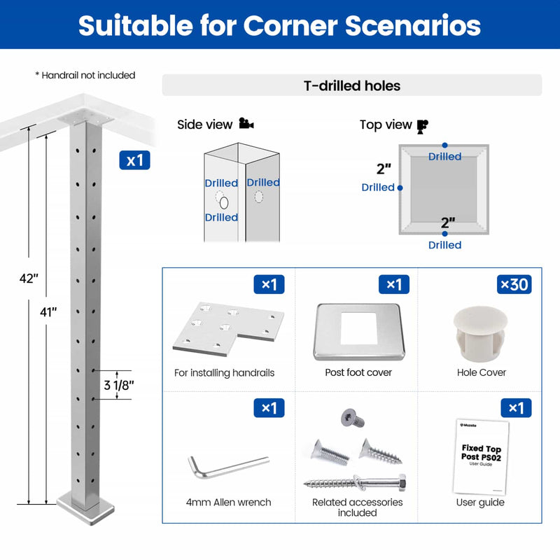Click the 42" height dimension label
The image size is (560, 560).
point(29,277)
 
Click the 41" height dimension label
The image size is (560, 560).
point(48,313)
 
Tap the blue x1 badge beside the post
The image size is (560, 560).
point(134,160)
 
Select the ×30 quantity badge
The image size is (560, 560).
point(514,284)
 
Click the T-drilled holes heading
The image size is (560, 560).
point(351,86)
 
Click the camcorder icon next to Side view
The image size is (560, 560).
point(246,125)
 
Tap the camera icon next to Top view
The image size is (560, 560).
point(422,126)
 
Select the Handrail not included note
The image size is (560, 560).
point(85,75)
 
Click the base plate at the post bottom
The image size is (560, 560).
point(86,502)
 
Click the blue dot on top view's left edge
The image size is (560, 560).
point(400,188)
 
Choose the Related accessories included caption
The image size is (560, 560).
point(357,507)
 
